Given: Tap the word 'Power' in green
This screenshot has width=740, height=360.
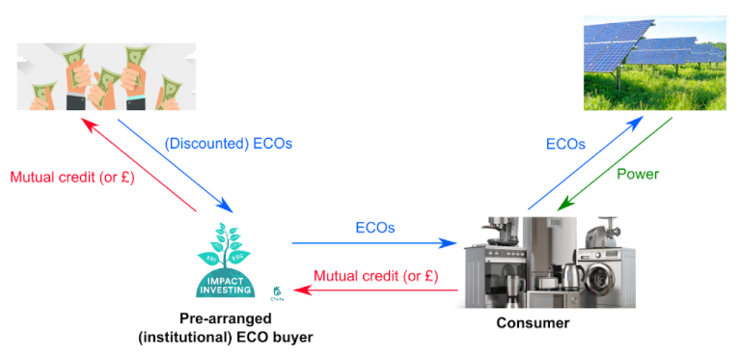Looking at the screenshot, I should pyautogui.click(x=639, y=174).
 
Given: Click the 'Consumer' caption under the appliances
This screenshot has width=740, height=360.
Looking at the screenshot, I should pyautogui.click(x=533, y=322).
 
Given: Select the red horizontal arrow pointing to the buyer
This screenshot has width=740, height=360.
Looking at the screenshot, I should pyautogui.click(x=375, y=289).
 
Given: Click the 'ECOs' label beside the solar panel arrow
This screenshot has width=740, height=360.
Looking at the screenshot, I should pyautogui.click(x=565, y=143).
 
